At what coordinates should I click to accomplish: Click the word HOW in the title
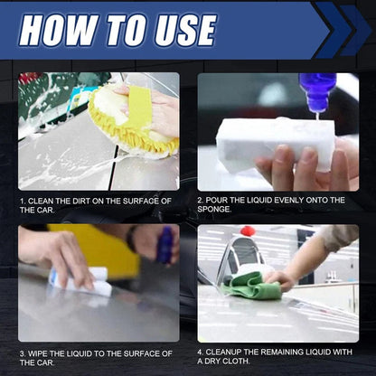click(x=56, y=29)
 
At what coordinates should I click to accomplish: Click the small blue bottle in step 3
click(x=165, y=246)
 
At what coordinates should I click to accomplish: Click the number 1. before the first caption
click(x=22, y=200)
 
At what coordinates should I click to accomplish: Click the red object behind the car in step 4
click(x=247, y=232)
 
